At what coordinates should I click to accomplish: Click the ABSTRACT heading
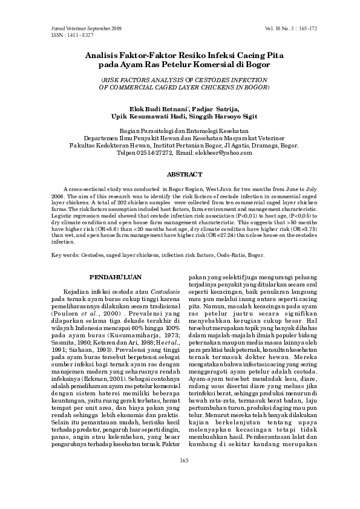(180, 174)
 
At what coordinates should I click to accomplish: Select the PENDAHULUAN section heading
(115, 277)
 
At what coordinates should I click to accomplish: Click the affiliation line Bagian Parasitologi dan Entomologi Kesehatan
(180, 131)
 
